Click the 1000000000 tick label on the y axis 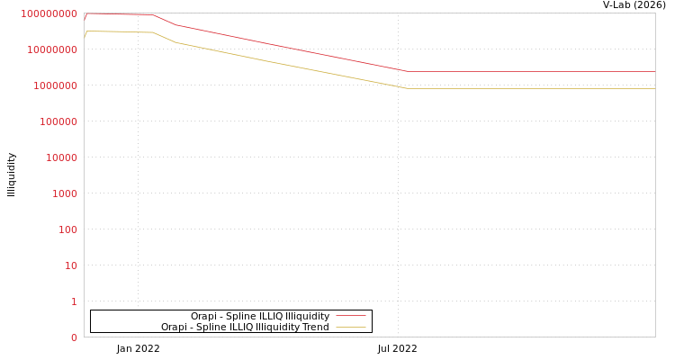tap(49, 13)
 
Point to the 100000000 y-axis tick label tap(51, 49)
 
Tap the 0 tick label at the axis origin tap(74, 337)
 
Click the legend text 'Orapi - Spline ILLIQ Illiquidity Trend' tap(245, 328)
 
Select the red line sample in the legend tap(351, 317)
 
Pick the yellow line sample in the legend tap(351, 328)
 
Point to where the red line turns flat tap(408, 71)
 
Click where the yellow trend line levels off tap(408, 88)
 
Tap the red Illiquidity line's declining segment tap(288, 48)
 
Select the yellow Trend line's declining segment tap(288, 65)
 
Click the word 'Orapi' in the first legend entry tap(203, 317)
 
